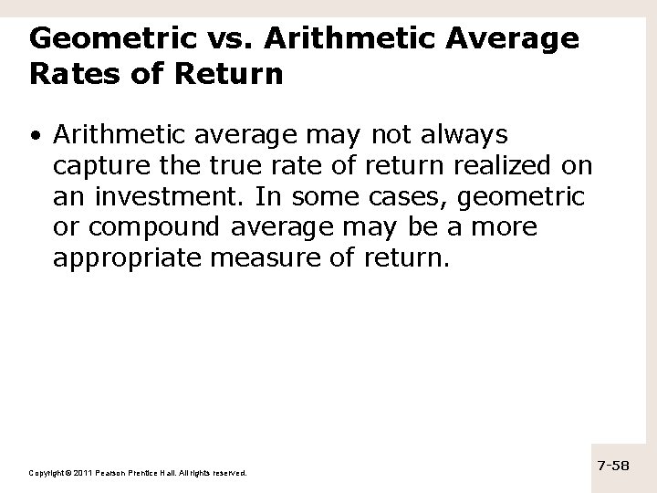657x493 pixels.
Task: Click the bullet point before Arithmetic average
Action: coord(34,136)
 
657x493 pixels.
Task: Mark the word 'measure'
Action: coord(259,258)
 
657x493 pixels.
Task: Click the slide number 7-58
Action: coord(613,466)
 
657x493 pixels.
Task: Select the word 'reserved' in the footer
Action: coord(228,473)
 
